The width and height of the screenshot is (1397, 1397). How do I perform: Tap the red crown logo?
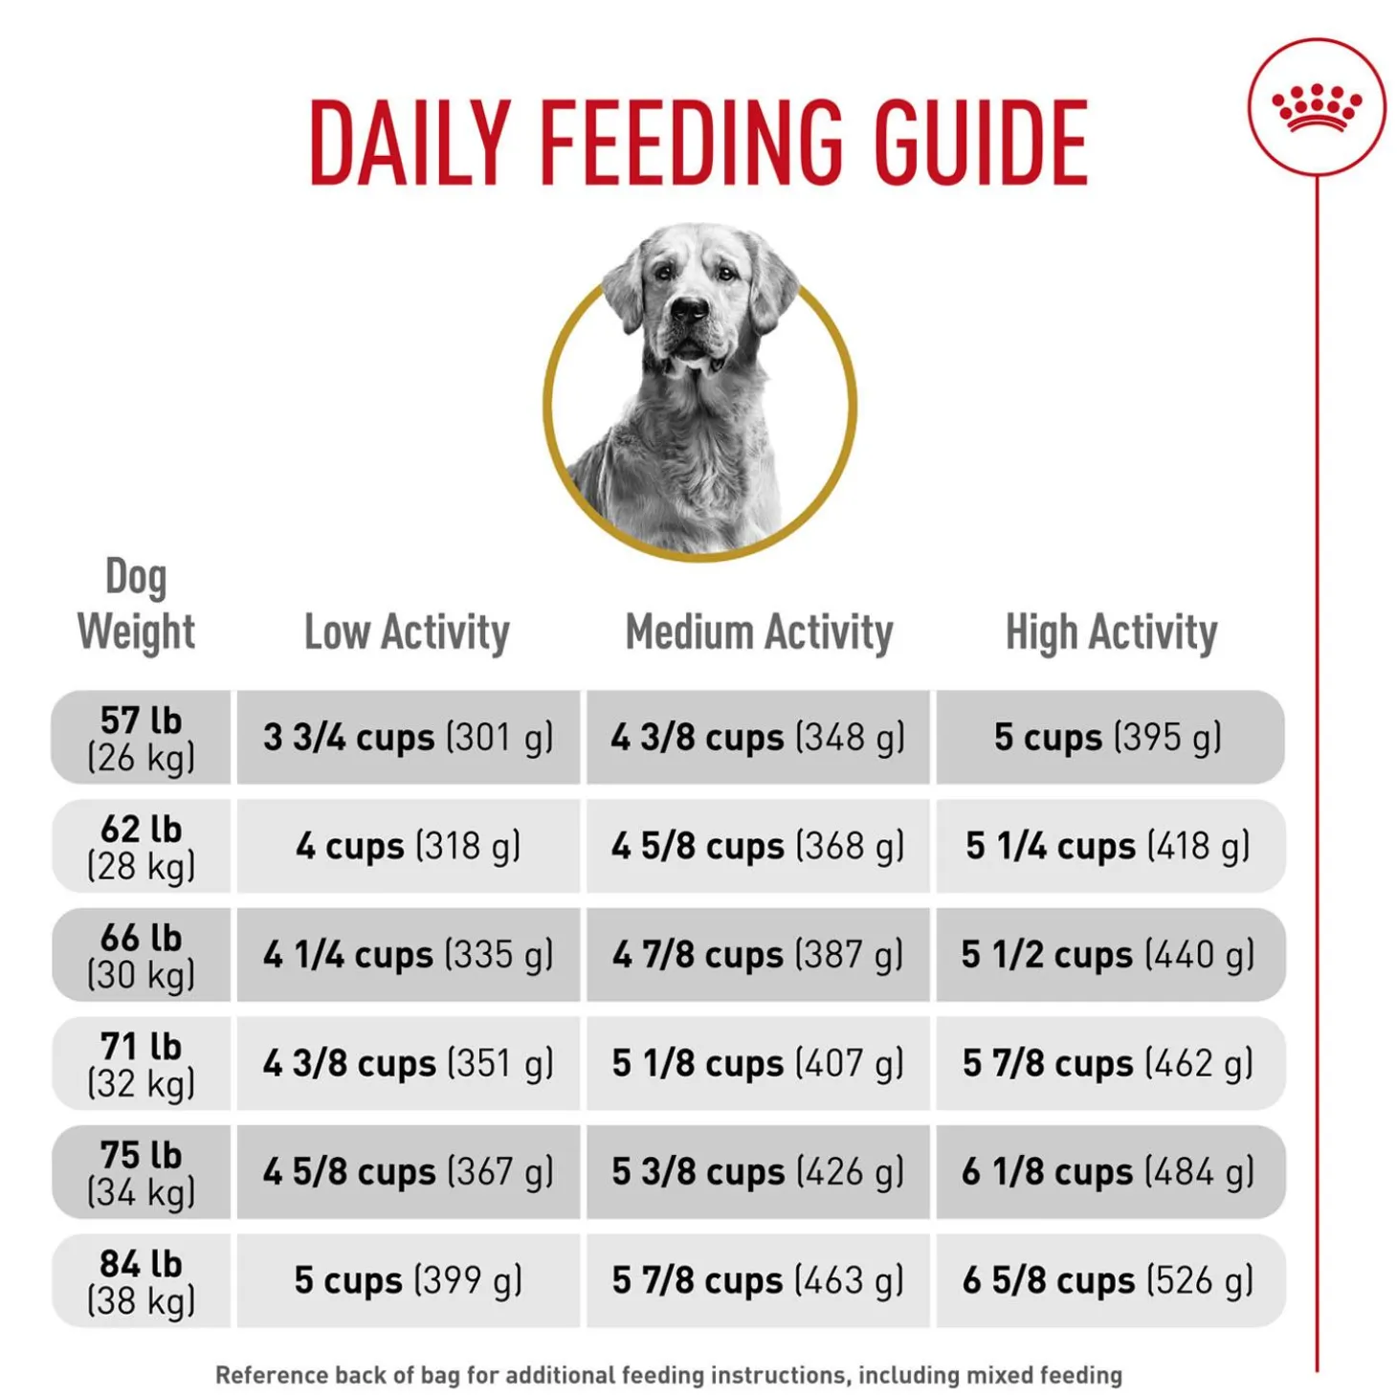point(1316,106)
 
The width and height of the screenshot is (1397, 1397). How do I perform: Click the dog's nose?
point(689,308)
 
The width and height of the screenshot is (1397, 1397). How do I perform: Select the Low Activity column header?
point(407,632)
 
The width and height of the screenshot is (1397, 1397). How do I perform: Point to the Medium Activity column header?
point(759,632)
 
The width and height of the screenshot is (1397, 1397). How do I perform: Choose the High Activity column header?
point(1111,632)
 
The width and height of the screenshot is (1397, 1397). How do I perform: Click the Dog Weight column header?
point(137,605)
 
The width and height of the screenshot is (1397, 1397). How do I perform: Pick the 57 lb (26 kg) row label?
point(141,738)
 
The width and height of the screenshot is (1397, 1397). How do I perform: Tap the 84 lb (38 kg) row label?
point(141,1281)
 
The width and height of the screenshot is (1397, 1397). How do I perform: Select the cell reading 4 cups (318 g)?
point(409,846)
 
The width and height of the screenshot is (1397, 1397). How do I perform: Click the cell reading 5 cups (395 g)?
point(1108,738)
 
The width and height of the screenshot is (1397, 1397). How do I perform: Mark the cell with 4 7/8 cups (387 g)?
point(758,955)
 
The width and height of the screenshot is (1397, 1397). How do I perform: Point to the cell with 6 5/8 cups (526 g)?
point(1108,1281)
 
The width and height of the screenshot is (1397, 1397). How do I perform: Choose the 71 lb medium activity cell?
point(758,1063)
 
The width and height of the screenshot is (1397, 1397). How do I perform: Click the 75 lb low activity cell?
point(409,1172)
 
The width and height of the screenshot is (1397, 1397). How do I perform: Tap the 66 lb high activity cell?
point(1108,955)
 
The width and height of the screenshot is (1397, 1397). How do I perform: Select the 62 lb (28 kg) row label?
point(141,846)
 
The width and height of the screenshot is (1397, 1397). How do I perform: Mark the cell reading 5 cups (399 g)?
point(409,1281)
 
